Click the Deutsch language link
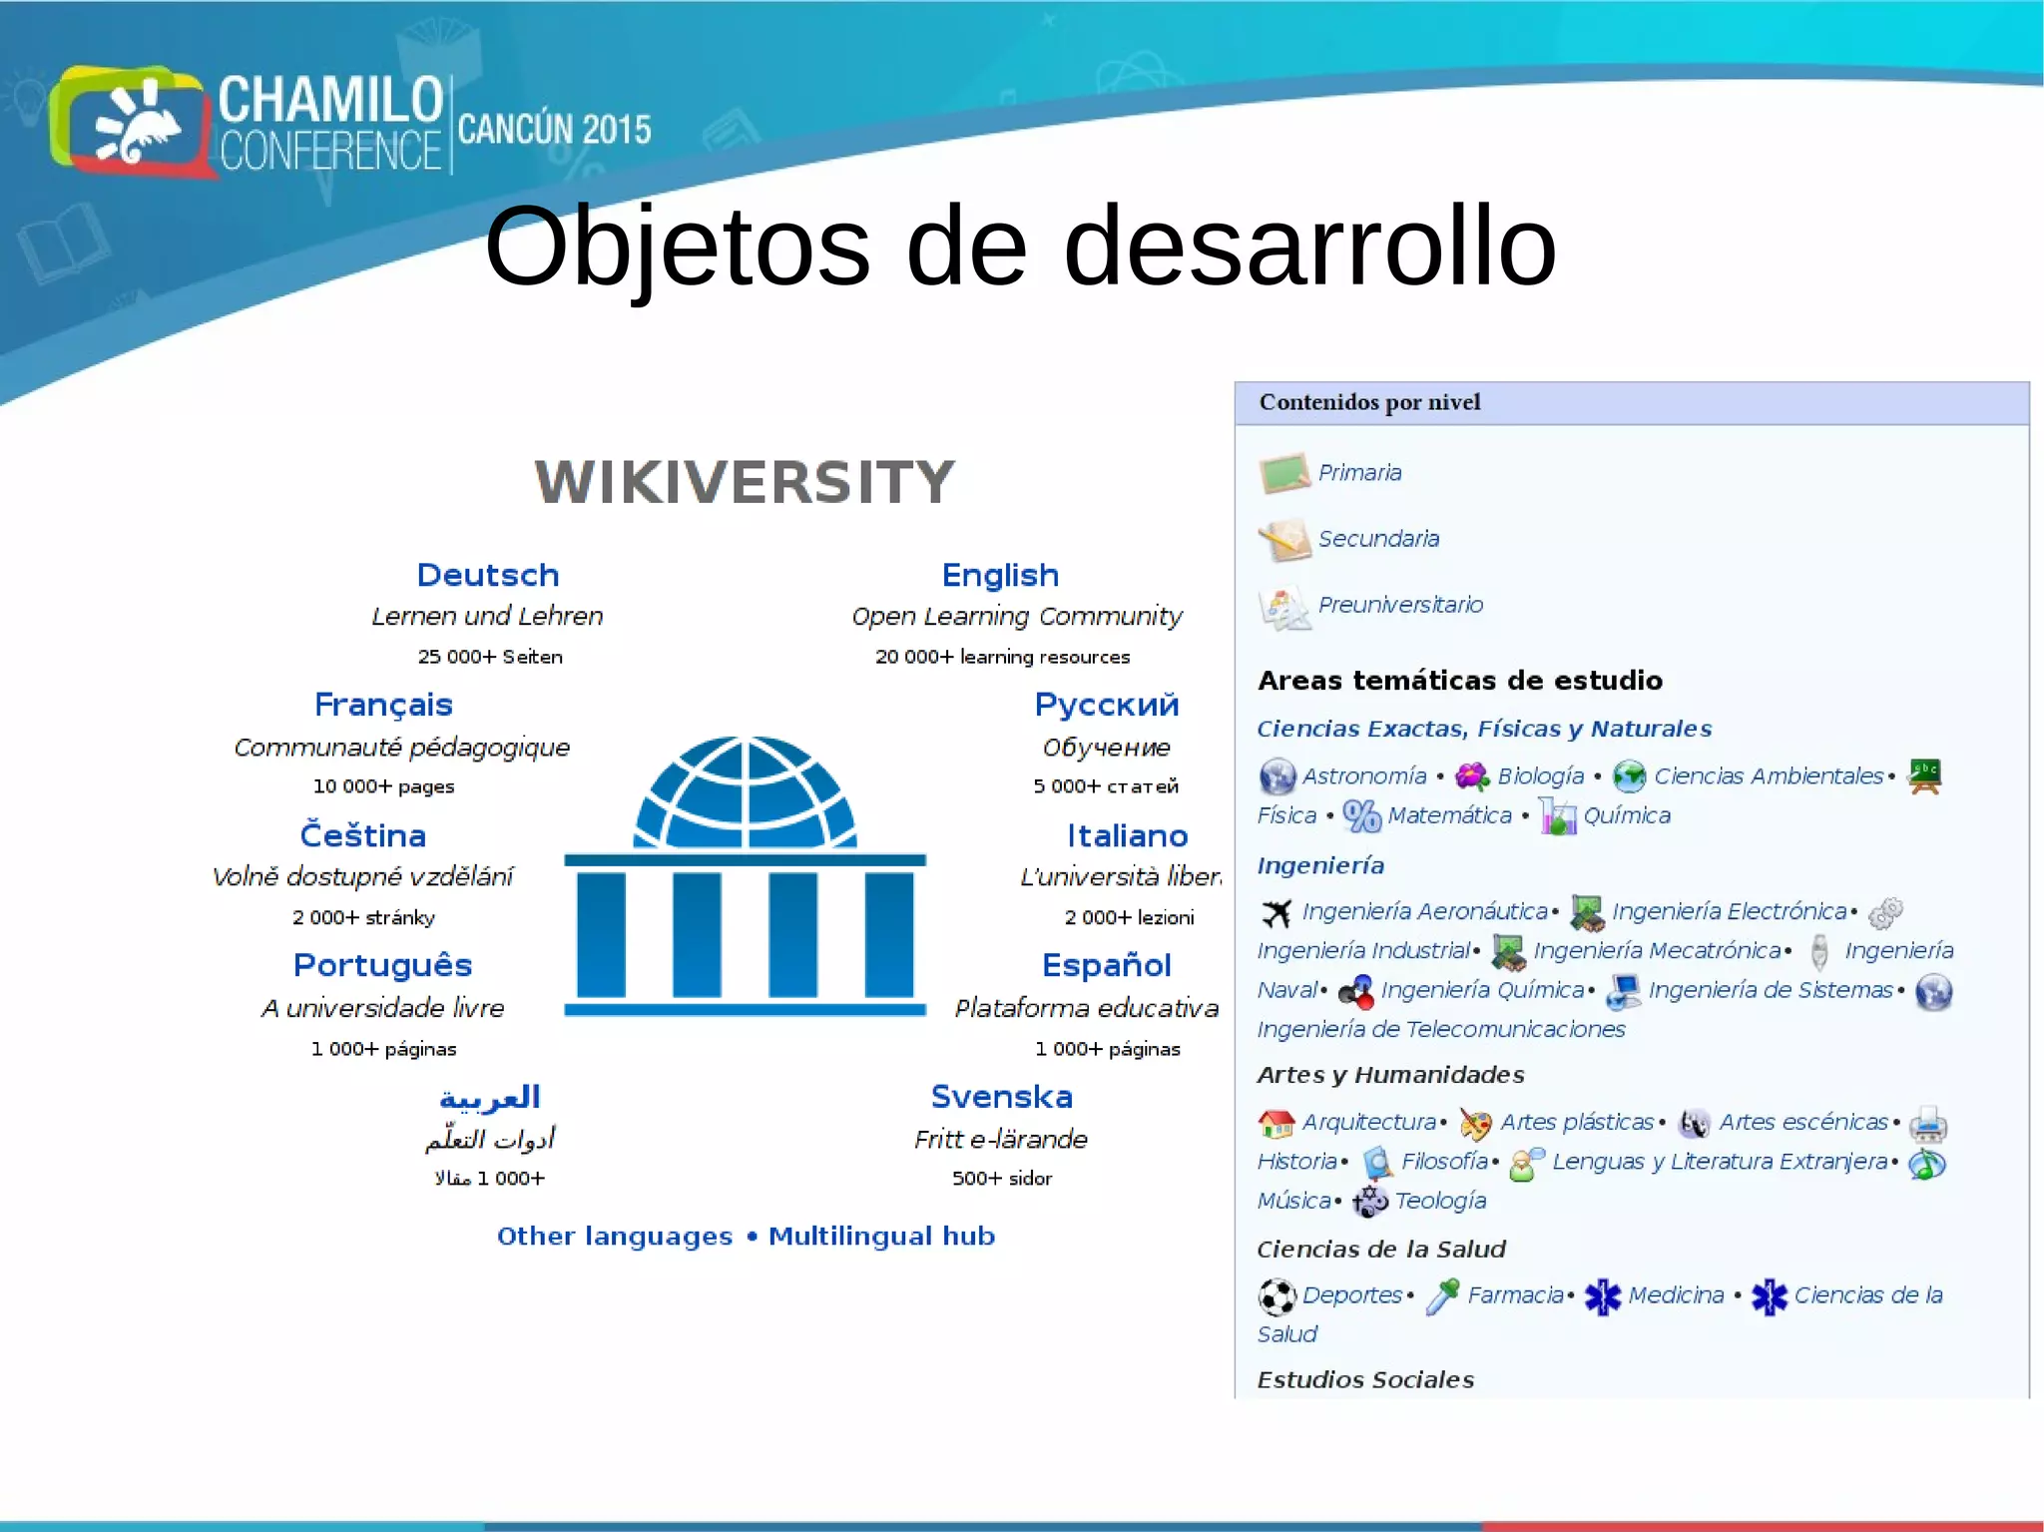487,575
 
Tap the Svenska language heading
1001,1096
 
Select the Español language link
1106,965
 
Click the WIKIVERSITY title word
745,482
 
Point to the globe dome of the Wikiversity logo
745,793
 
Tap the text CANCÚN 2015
554,130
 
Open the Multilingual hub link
881,1236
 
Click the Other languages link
615,1236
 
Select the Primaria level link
1359,472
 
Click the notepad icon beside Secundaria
1283,540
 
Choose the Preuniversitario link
1399,604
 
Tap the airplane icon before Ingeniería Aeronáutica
1276,912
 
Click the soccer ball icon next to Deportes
1277,1296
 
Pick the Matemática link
1449,815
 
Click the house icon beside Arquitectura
1276,1124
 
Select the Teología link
1440,1201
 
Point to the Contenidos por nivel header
1369,402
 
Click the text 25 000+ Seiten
490,657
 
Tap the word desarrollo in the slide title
1309,247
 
